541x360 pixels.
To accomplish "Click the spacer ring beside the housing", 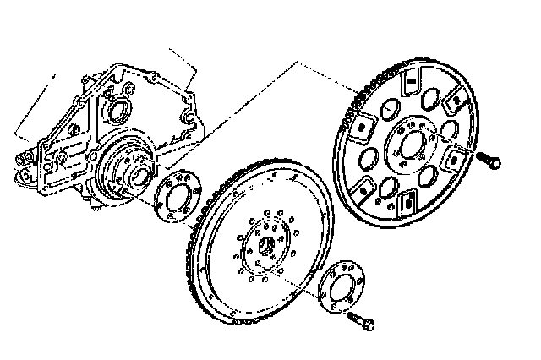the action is coord(175,198).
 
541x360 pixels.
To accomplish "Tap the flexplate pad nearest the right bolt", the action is coord(456,157).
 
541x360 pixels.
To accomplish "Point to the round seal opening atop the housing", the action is coord(119,112).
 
